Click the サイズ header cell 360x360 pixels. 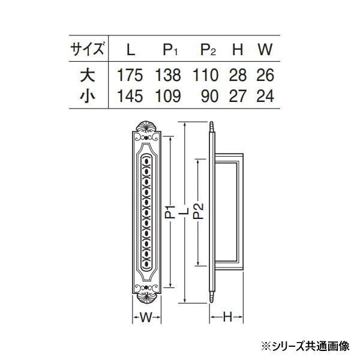tap(88, 49)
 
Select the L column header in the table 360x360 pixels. tap(131, 49)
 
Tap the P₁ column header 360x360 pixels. tap(170, 50)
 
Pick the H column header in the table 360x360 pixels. tap(238, 49)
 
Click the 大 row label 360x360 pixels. tap(88, 76)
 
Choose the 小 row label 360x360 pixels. tap(88, 96)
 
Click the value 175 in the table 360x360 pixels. tap(130, 76)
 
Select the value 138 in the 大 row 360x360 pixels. tap(168, 76)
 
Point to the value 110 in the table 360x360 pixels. tap(205, 76)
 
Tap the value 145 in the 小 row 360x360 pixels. tap(130, 96)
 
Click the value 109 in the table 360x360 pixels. tap(168, 96)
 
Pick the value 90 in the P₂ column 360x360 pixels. tap(209, 96)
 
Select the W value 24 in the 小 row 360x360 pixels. tap(265, 96)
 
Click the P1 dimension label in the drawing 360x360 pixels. tap(170, 212)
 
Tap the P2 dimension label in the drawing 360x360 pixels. tap(199, 212)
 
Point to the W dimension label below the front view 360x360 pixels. tap(146, 317)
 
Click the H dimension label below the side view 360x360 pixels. tap(227, 317)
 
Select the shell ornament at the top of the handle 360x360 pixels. tap(146, 127)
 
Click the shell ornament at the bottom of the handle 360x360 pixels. tap(146, 298)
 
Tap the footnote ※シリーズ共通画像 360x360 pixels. tap(305, 346)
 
